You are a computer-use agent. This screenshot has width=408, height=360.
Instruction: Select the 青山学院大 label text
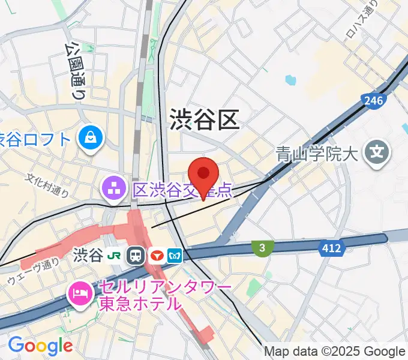click(x=317, y=154)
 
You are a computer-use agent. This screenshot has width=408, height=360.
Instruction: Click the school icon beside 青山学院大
click(x=377, y=154)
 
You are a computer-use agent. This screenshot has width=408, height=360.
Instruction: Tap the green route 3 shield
click(x=262, y=247)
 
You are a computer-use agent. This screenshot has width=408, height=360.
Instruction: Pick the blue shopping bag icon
click(x=92, y=138)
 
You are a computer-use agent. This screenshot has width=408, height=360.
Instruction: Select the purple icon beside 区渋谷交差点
click(x=112, y=190)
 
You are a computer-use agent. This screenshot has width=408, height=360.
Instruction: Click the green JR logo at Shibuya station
click(x=113, y=256)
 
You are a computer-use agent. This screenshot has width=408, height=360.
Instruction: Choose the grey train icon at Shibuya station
click(x=136, y=256)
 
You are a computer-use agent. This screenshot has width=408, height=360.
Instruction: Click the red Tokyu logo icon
click(x=156, y=256)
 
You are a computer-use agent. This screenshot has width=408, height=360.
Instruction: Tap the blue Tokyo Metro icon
click(x=175, y=256)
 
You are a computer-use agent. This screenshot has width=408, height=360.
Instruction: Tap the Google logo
click(x=40, y=345)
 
